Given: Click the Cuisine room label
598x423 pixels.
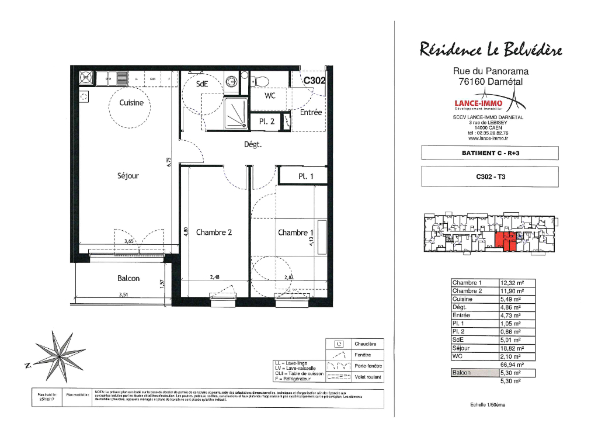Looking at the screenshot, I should pyautogui.click(x=131, y=103).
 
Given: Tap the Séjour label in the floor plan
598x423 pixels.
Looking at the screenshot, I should pyautogui.click(x=128, y=175).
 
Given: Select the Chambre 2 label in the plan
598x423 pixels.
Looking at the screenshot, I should pyautogui.click(x=214, y=233).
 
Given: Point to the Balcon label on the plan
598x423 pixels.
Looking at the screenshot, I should pyautogui.click(x=128, y=279).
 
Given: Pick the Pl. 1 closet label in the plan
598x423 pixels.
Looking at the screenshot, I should pyautogui.click(x=306, y=175).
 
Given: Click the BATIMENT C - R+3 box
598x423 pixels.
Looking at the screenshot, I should pyautogui.click(x=489, y=153).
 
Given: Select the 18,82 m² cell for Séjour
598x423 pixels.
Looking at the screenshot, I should pyautogui.click(x=517, y=348).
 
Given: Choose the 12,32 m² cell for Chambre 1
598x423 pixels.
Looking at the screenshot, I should pyautogui.click(x=517, y=283).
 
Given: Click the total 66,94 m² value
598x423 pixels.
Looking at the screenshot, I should pyautogui.click(x=512, y=364).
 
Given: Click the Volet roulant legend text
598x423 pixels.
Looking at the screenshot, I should pyautogui.click(x=368, y=377).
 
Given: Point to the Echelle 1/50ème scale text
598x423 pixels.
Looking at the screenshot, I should pyautogui.click(x=488, y=405).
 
